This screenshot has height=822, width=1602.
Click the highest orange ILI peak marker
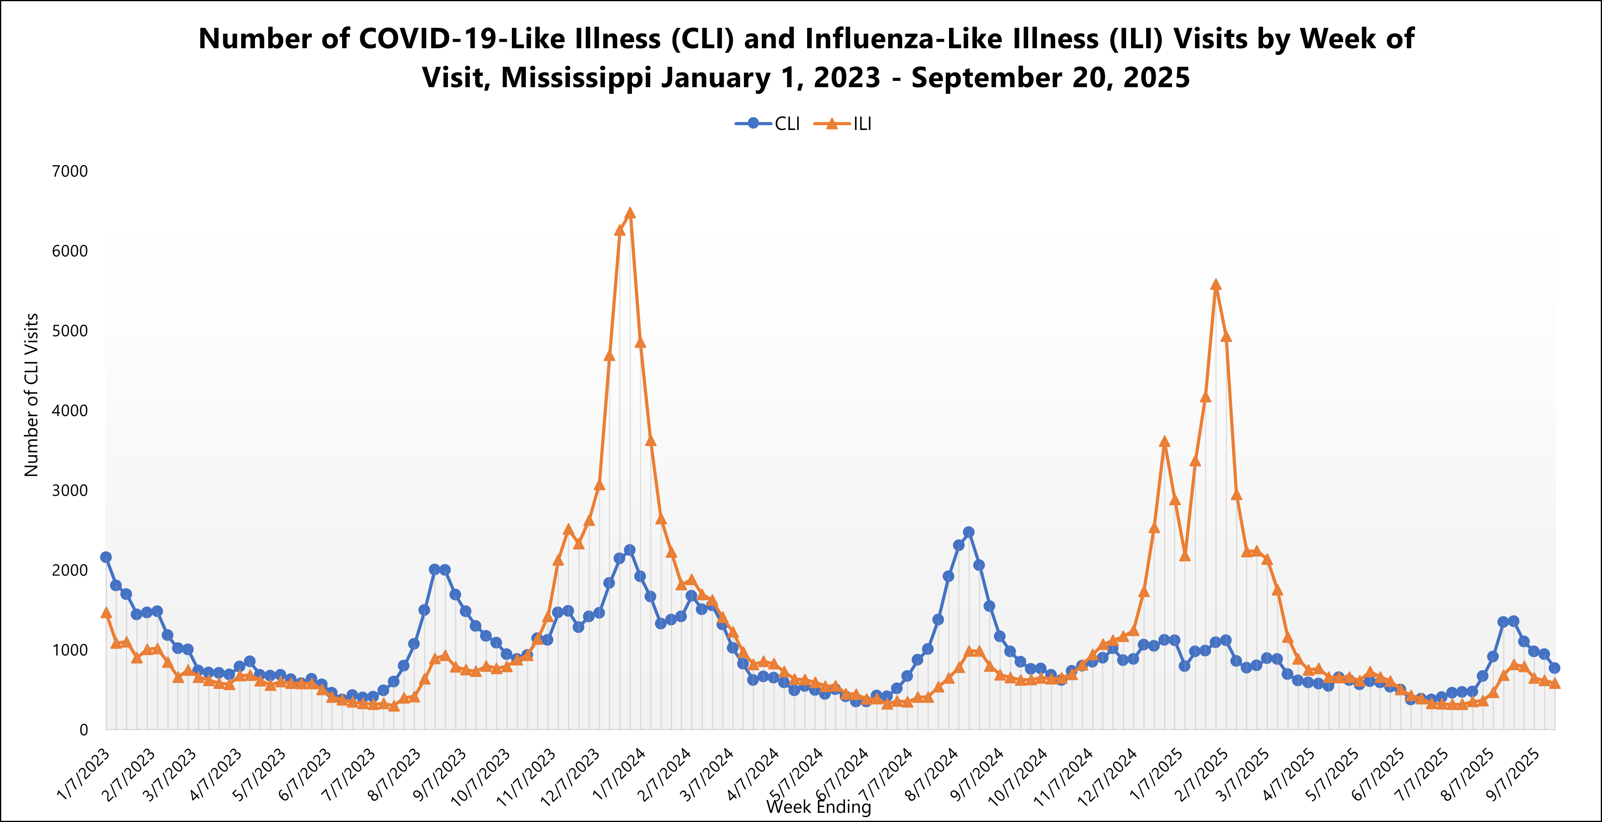point(630,213)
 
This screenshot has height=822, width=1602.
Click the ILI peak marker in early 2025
point(1216,285)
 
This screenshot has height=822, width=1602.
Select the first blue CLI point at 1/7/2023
point(106,557)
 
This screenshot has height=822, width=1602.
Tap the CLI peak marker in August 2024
point(968,532)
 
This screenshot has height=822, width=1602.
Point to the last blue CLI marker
point(1554,668)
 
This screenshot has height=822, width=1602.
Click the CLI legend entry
point(768,124)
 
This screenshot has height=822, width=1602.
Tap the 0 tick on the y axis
point(84,730)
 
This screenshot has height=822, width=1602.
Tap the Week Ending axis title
point(818,806)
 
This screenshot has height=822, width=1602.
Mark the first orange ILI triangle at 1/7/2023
point(106,613)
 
